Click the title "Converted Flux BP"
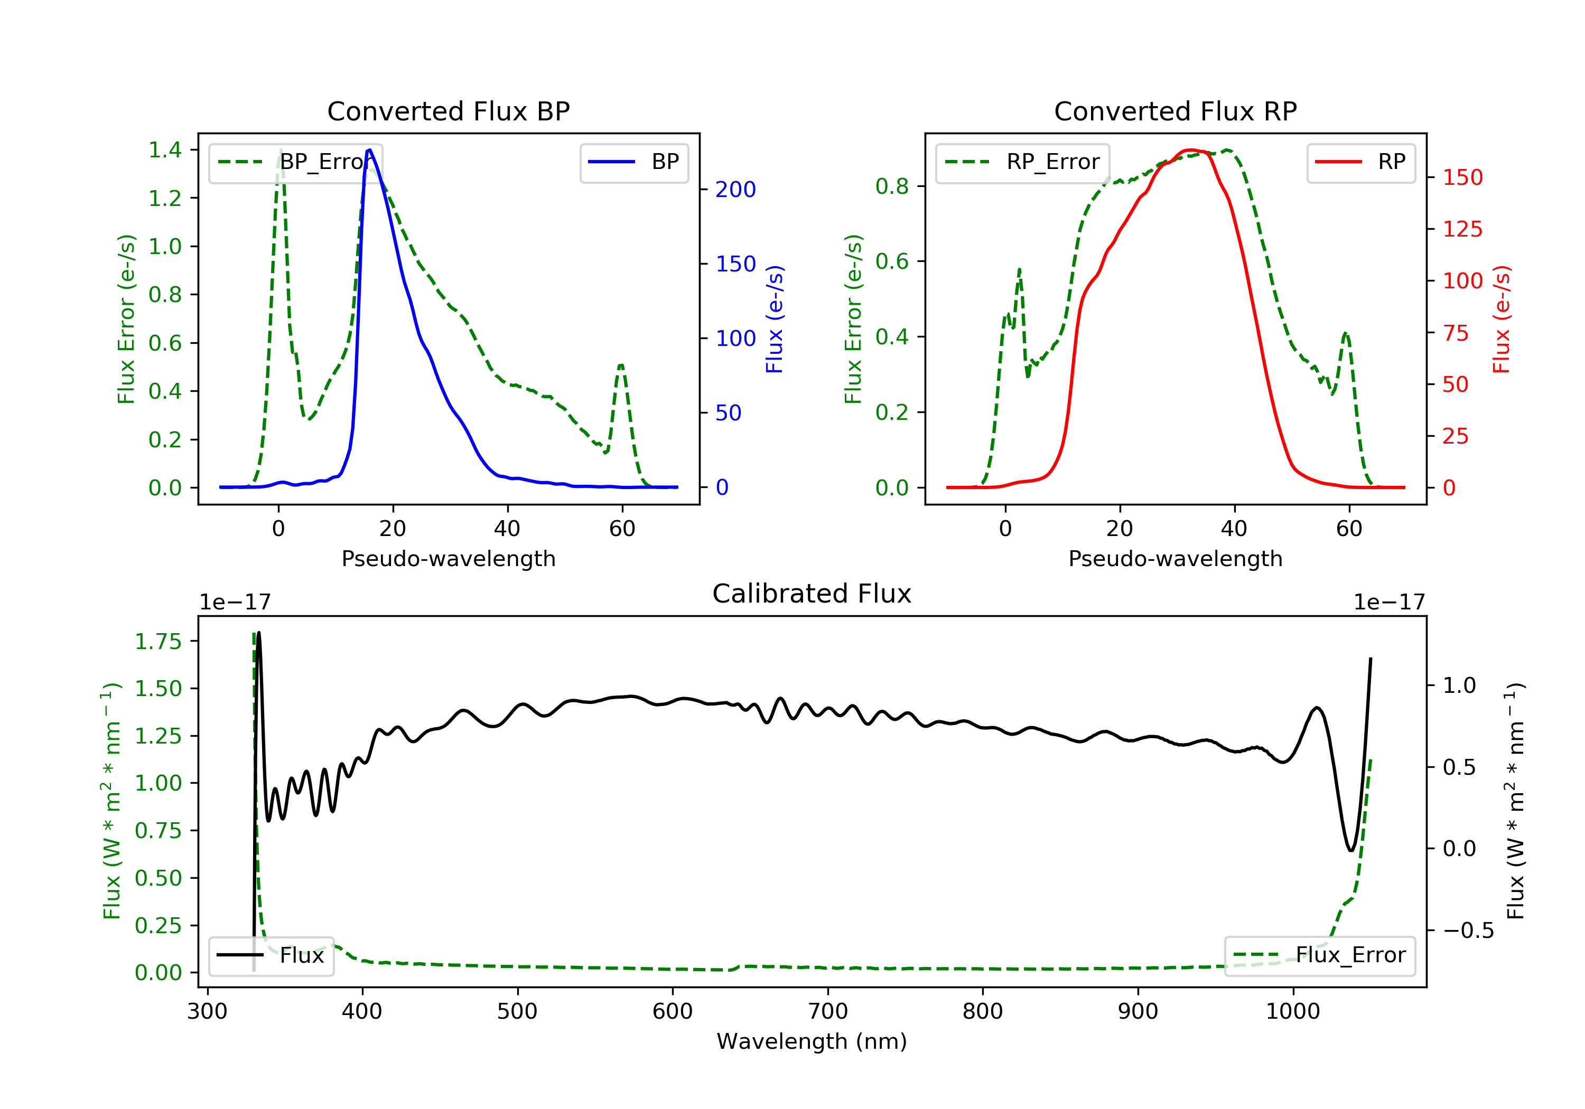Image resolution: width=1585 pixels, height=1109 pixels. coord(449,111)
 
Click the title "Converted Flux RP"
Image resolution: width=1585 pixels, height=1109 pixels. coord(1176,111)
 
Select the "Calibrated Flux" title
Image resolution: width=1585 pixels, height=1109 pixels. coord(812,594)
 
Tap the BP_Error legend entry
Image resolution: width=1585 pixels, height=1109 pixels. coord(295,162)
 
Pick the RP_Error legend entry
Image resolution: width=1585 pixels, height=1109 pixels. coord(1022,162)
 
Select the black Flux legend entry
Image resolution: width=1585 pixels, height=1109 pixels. coord(272,956)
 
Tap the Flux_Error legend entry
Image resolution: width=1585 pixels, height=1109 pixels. coord(1320,956)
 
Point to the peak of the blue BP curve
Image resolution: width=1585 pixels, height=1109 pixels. coord(370,150)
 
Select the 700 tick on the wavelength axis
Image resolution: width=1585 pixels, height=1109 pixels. coord(828,1011)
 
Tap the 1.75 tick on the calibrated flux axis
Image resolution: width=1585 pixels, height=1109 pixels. coord(158,641)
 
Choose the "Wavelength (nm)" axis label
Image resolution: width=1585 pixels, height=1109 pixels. coord(812,1041)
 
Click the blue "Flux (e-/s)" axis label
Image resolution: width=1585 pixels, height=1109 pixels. coord(775,319)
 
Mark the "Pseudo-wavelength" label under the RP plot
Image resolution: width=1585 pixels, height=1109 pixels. coord(1176,558)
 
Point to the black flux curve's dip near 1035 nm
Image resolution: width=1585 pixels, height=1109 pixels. coord(1351,850)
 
